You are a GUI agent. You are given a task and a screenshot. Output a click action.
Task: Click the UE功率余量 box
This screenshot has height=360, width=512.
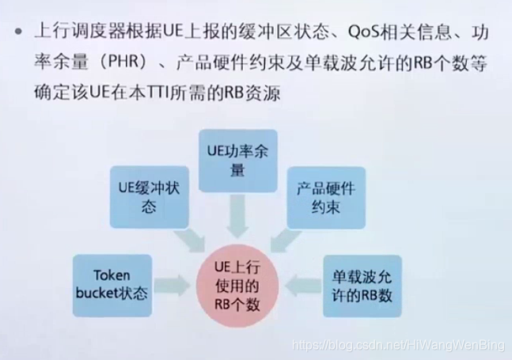[x=237, y=161]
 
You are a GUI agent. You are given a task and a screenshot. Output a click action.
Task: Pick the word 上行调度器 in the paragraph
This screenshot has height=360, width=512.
[x=74, y=34]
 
